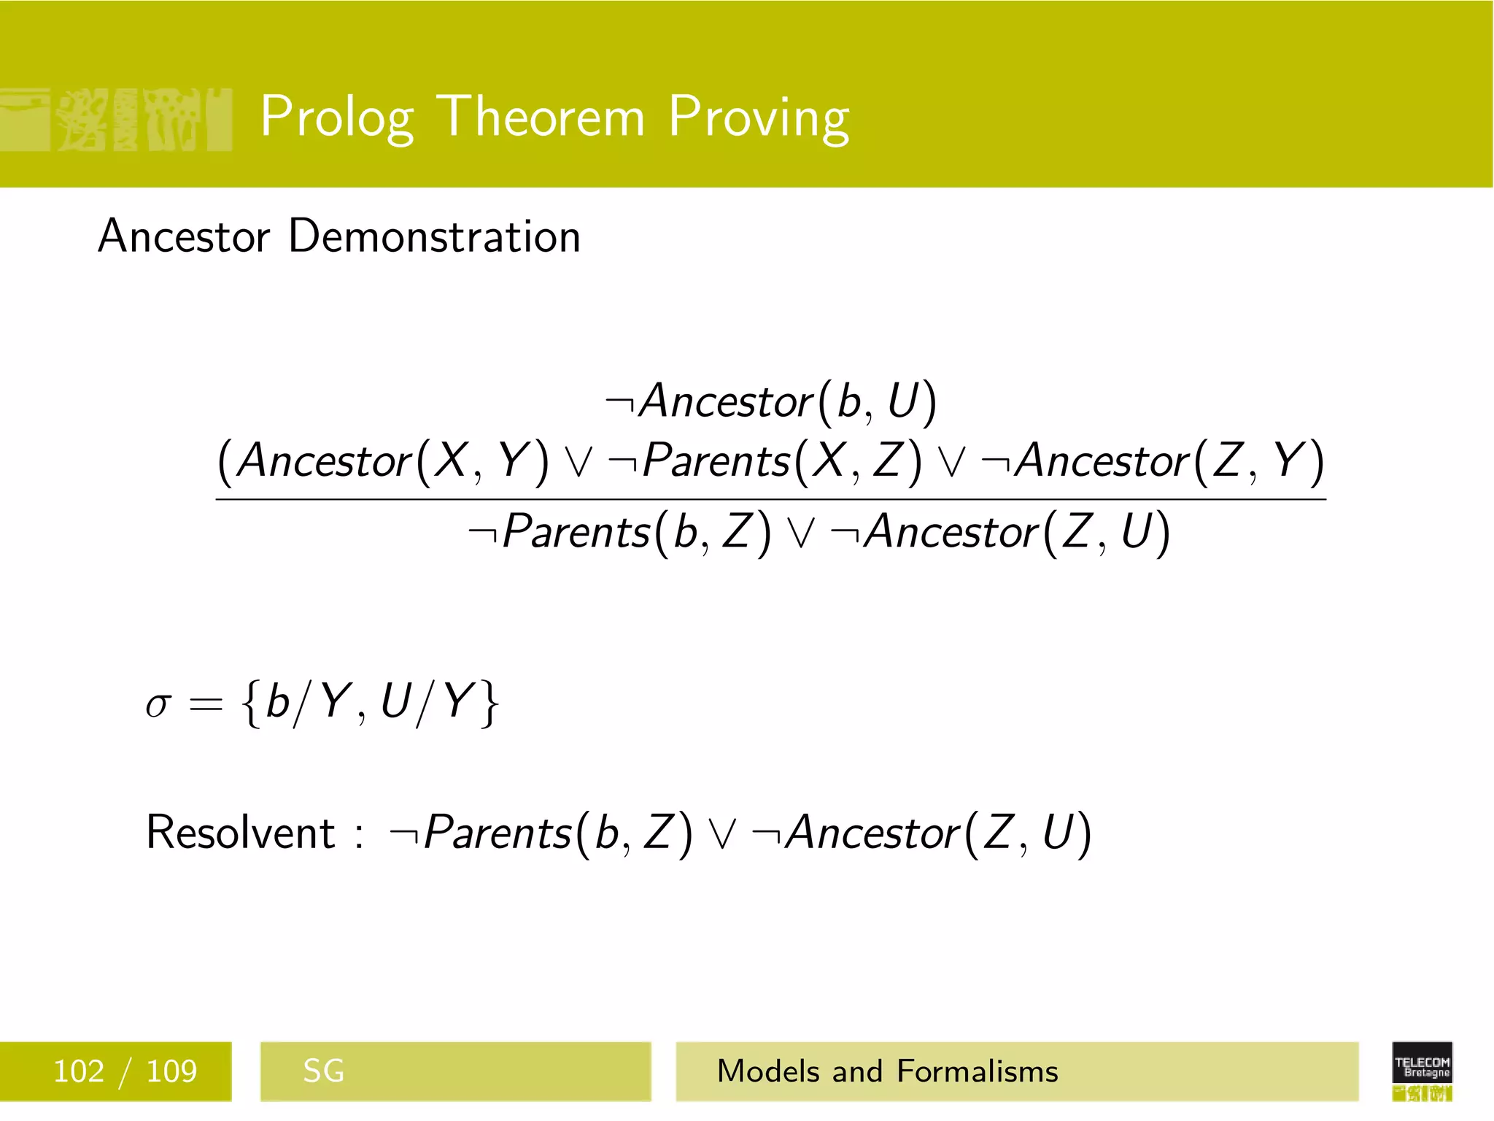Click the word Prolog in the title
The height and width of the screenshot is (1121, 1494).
coord(337,117)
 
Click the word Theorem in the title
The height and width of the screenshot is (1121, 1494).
coord(543,117)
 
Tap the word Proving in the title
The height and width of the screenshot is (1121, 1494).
coord(759,117)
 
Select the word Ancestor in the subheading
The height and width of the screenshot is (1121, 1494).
coord(184,236)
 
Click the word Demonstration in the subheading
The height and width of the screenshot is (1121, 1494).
coord(434,236)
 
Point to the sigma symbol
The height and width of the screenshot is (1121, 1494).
coord(158,705)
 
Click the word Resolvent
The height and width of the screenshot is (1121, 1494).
coord(240,832)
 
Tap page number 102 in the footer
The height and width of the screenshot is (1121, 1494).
coord(79,1071)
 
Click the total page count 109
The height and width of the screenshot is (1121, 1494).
coord(171,1071)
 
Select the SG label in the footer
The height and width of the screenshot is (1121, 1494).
coord(323,1071)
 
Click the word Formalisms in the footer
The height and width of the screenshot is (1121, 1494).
coord(977,1071)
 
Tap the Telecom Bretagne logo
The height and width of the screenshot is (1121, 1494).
coord(1422,1070)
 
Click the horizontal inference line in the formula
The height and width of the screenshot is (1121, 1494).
coord(770,499)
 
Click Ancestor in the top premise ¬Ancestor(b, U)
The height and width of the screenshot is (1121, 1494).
coord(726,401)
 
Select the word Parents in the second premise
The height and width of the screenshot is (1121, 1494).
coord(716,461)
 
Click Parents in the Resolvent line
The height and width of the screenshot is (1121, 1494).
coord(498,832)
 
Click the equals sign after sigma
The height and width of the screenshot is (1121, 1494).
coord(205,705)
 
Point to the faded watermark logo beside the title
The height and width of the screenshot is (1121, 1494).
coord(117,120)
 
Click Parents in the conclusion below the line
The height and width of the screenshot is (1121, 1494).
coord(576,531)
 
